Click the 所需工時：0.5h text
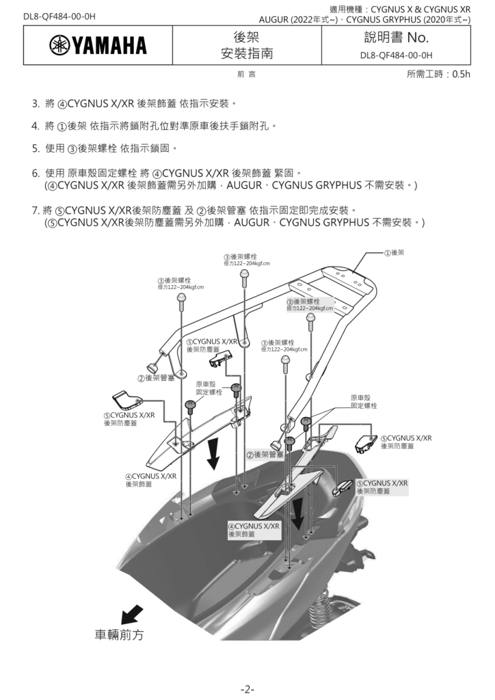click(438, 75)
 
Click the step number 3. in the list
click(36, 105)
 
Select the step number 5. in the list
click(36, 147)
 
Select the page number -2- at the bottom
click(247, 688)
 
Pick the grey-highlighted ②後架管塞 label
click(265, 454)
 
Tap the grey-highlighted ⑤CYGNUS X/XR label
click(382, 487)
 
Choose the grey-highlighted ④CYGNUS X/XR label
click(254, 530)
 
